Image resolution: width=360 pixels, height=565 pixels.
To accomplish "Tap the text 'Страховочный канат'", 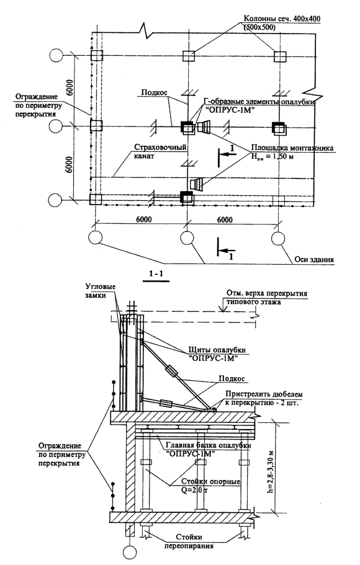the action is coord(160,152).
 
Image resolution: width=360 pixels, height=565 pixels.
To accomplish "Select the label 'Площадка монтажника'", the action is coord(292,148).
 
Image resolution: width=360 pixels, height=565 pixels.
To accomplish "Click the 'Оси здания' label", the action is coord(314,259).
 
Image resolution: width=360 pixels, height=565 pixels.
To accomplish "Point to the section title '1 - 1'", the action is coord(156,274).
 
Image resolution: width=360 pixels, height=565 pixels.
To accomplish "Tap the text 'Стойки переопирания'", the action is coord(189,541).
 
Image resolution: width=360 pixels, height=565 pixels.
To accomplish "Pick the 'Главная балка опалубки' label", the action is coord(208,445).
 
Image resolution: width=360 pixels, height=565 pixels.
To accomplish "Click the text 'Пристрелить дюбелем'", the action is coord(264,394).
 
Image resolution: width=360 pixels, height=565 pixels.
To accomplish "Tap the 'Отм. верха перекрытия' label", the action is coord(267,293).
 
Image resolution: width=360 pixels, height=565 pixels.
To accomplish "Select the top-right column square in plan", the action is coord(280,57).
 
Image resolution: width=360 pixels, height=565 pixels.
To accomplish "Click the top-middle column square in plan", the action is coord(189,56).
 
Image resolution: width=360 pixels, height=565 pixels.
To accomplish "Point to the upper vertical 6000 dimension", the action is coord(71,91).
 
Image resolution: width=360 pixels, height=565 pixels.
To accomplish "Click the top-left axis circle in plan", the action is coord(55,55).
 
